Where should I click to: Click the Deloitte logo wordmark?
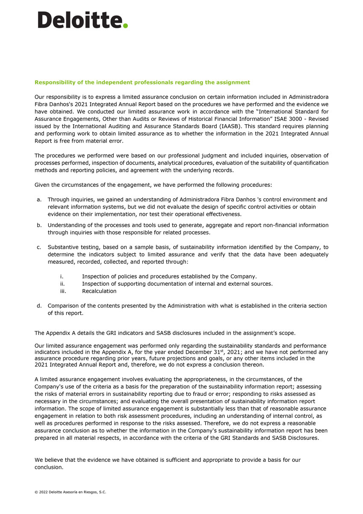(x=79, y=20)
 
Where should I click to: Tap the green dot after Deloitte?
(x=125, y=26)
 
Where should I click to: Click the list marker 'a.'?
(x=39, y=199)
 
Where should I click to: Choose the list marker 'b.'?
(x=39, y=225)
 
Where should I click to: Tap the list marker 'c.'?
(x=39, y=247)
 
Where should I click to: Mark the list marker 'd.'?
(x=39, y=306)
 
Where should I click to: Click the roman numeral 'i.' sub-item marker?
(x=62, y=276)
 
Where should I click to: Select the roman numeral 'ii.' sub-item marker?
(x=62, y=284)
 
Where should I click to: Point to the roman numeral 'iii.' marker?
(x=63, y=291)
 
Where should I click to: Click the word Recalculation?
(x=99, y=291)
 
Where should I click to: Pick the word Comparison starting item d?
(x=64, y=306)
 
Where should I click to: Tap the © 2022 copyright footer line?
(x=70, y=492)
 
